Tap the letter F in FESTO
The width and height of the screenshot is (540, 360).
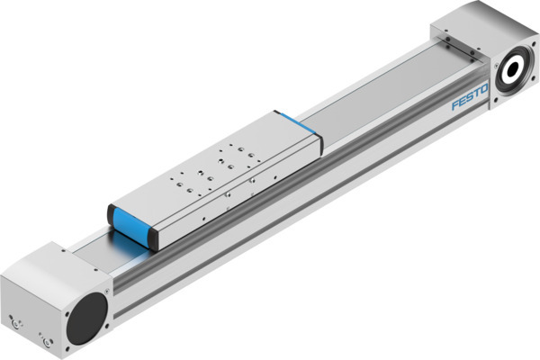click(454, 106)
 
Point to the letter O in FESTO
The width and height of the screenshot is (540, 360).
click(484, 89)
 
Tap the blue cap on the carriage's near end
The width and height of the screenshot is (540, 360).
click(129, 227)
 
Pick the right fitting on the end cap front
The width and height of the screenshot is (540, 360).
click(45, 342)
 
